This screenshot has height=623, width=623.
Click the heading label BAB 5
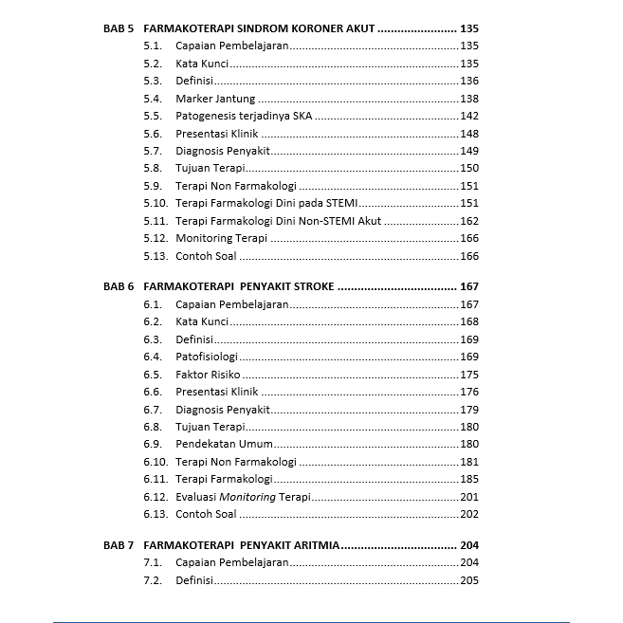[119, 28]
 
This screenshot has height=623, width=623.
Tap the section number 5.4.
[153, 99]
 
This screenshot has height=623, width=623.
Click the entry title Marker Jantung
[215, 99]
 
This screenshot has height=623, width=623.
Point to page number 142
[468, 116]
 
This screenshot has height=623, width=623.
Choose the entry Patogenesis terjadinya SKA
[244, 116]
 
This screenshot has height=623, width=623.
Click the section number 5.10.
[156, 203]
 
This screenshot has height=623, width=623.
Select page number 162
[468, 221]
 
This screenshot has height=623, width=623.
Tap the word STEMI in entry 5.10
[341, 203]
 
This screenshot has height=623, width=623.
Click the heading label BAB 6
[119, 286]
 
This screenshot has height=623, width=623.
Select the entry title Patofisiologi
[206, 357]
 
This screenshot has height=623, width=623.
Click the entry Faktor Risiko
[208, 375]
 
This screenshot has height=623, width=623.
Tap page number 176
[468, 392]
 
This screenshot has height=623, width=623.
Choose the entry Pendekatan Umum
[224, 444]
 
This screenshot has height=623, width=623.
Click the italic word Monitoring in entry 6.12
[247, 497]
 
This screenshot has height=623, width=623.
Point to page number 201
[468, 497]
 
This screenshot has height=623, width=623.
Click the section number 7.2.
[153, 580]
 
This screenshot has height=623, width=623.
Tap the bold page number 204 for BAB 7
[468, 545]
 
